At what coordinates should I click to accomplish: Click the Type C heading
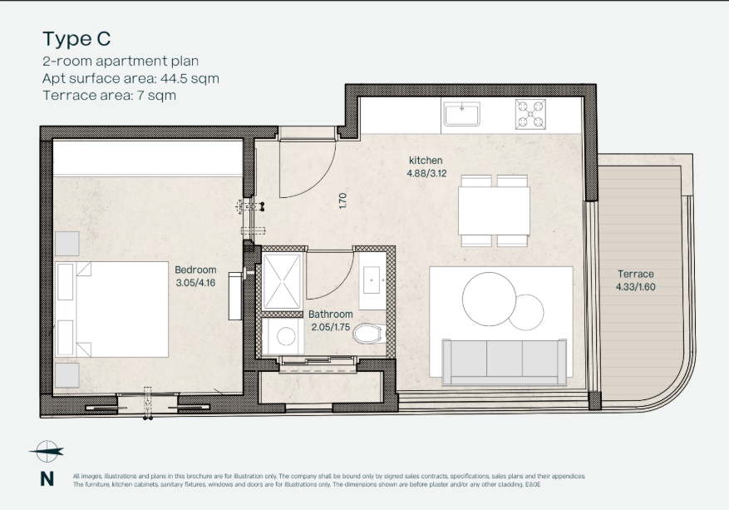76,39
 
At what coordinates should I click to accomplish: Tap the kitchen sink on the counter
461,114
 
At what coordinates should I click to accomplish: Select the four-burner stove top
530,114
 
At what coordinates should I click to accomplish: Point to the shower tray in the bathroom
283,281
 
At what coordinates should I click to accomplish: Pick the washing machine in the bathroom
283,336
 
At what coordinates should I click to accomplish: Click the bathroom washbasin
372,280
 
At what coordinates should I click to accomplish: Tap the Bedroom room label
195,270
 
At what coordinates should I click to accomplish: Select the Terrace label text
636,274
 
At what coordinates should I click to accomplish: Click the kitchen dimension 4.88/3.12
426,174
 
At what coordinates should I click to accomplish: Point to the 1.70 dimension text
343,201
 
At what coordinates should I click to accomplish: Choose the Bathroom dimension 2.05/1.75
331,327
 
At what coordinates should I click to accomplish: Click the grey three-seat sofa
504,362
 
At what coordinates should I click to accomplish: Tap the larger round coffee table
489,299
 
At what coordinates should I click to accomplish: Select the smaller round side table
526,312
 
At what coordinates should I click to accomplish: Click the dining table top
494,210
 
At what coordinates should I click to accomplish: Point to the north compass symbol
47,452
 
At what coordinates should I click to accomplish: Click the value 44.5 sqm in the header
190,79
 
